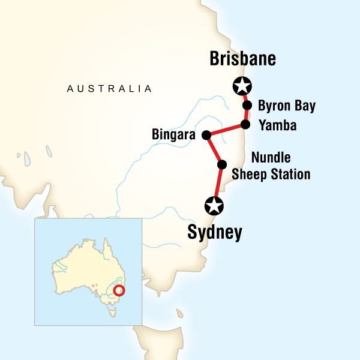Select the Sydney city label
pyautogui.click(x=214, y=232)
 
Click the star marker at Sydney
pyautogui.click(x=214, y=206)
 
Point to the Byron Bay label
pyautogui.click(x=286, y=107)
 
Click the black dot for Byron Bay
pyautogui.click(x=247, y=106)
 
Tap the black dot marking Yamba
pyautogui.click(x=245, y=125)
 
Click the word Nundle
pyautogui.click(x=271, y=157)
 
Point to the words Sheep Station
pyautogui.click(x=280, y=175)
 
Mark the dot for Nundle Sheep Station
pyautogui.click(x=221, y=164)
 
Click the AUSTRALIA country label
pyautogui.click(x=109, y=89)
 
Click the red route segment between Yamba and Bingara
pyautogui.click(x=226, y=130)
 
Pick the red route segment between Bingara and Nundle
pyautogui.click(x=214, y=149)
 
